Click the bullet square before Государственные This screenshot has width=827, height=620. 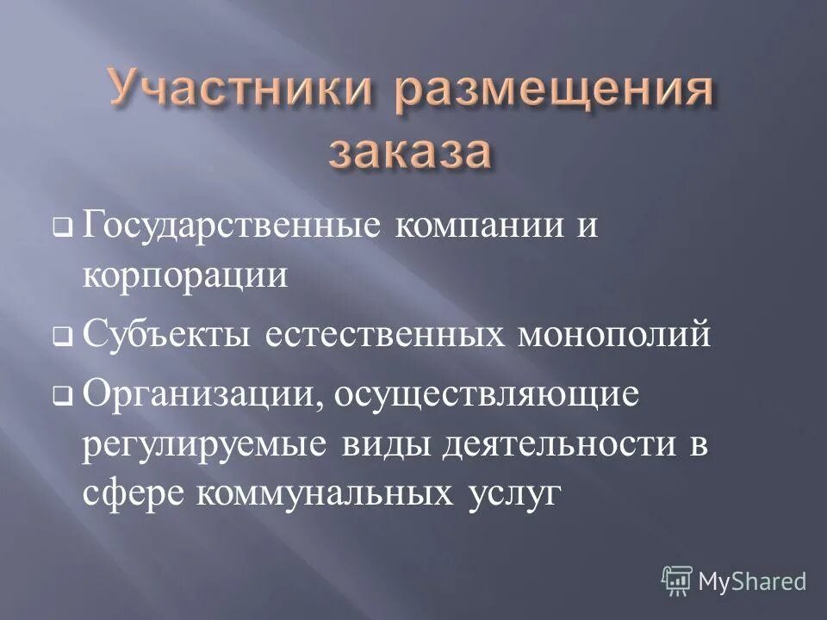click(61, 231)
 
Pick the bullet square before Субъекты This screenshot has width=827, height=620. click(61, 338)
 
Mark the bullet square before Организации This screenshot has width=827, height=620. click(61, 398)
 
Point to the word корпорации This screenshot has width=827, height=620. click(184, 276)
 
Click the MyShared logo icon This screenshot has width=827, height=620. click(677, 580)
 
